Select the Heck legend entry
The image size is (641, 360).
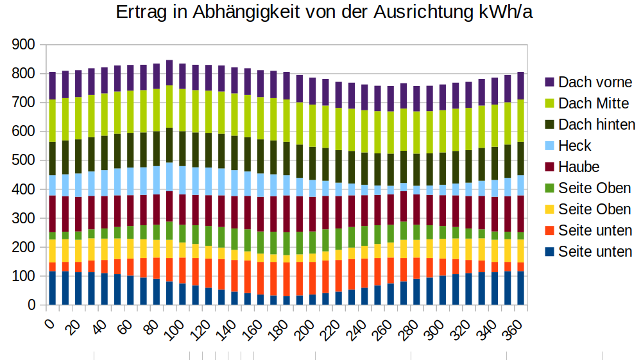pos(575,146)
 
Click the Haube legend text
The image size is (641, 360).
pos(579,167)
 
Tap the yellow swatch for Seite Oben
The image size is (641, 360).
pos(549,209)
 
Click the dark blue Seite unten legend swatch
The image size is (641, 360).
pos(549,252)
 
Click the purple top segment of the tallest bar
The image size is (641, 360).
pos(169,73)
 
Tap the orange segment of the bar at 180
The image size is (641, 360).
pos(286,279)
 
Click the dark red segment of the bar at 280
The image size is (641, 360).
pos(404,206)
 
